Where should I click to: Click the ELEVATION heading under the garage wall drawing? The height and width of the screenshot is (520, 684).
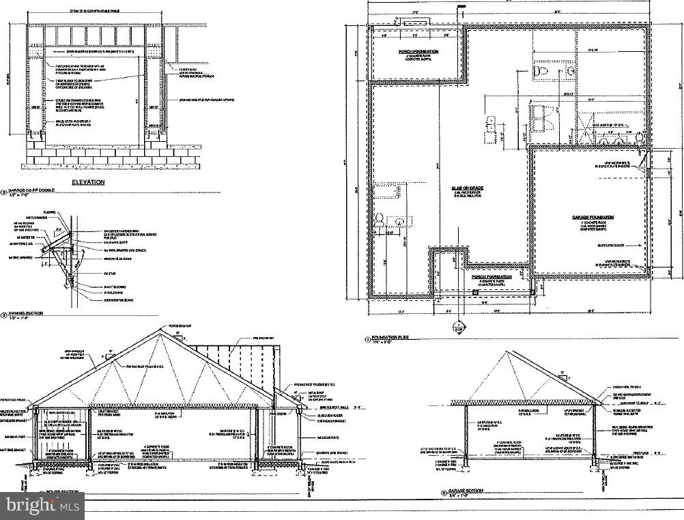[x=89, y=182]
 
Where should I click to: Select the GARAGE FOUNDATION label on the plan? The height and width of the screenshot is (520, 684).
[x=593, y=217]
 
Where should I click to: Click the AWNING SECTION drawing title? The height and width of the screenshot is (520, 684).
[x=26, y=314]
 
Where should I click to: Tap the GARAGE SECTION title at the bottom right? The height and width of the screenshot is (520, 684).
[x=466, y=491]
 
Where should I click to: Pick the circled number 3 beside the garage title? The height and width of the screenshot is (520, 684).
[x=4, y=193]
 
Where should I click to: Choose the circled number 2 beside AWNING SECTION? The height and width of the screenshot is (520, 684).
[x=4, y=315]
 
